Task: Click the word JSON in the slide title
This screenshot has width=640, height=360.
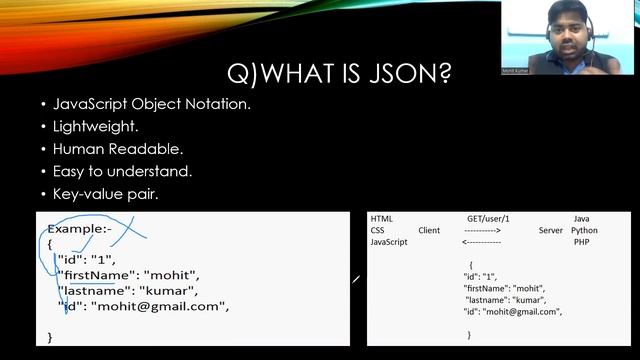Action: pos(404,73)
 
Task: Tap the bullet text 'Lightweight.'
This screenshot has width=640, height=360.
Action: pos(90,127)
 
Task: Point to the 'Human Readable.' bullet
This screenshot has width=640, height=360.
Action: pos(117,149)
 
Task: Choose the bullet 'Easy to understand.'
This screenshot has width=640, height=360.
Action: pos(122,171)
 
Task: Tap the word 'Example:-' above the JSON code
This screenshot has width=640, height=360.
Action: pos(75,229)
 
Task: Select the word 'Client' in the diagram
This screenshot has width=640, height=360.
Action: pos(429,230)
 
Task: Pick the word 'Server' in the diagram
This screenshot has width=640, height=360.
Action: pos(551,230)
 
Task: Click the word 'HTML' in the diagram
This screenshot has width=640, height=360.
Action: pos(382,218)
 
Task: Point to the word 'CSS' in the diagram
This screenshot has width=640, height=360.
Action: pos(378,230)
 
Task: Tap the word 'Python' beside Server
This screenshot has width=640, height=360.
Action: pos(584,230)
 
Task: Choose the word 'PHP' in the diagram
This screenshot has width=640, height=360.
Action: pos(581,242)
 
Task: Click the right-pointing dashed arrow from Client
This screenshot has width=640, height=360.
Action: pos(482,230)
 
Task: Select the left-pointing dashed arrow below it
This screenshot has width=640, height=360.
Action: pos(481,242)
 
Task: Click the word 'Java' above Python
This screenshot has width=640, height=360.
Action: pos(581,218)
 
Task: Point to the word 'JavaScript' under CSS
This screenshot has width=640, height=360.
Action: pos(389,242)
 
